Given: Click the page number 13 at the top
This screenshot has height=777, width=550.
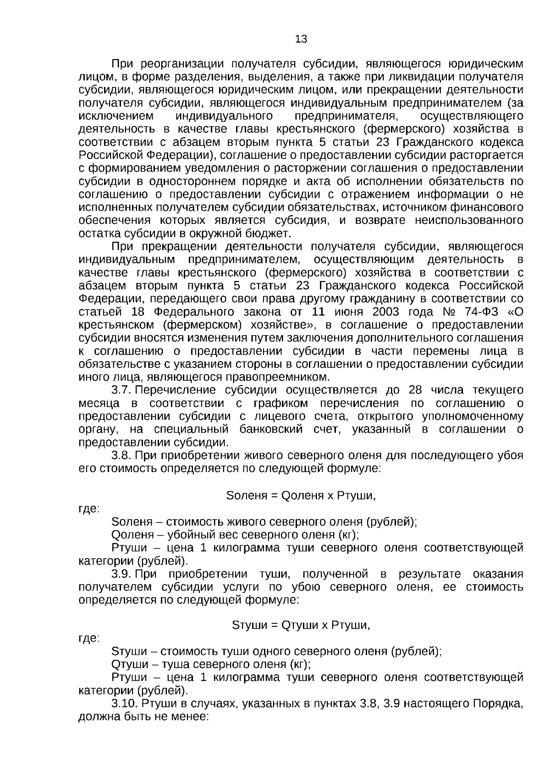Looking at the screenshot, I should coord(301,39).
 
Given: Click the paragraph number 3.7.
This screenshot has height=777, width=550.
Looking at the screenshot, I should coord(121,391).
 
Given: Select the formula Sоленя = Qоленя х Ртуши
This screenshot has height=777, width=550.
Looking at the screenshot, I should coord(301,496).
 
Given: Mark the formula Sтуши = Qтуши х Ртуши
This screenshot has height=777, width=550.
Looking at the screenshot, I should coord(301,625).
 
